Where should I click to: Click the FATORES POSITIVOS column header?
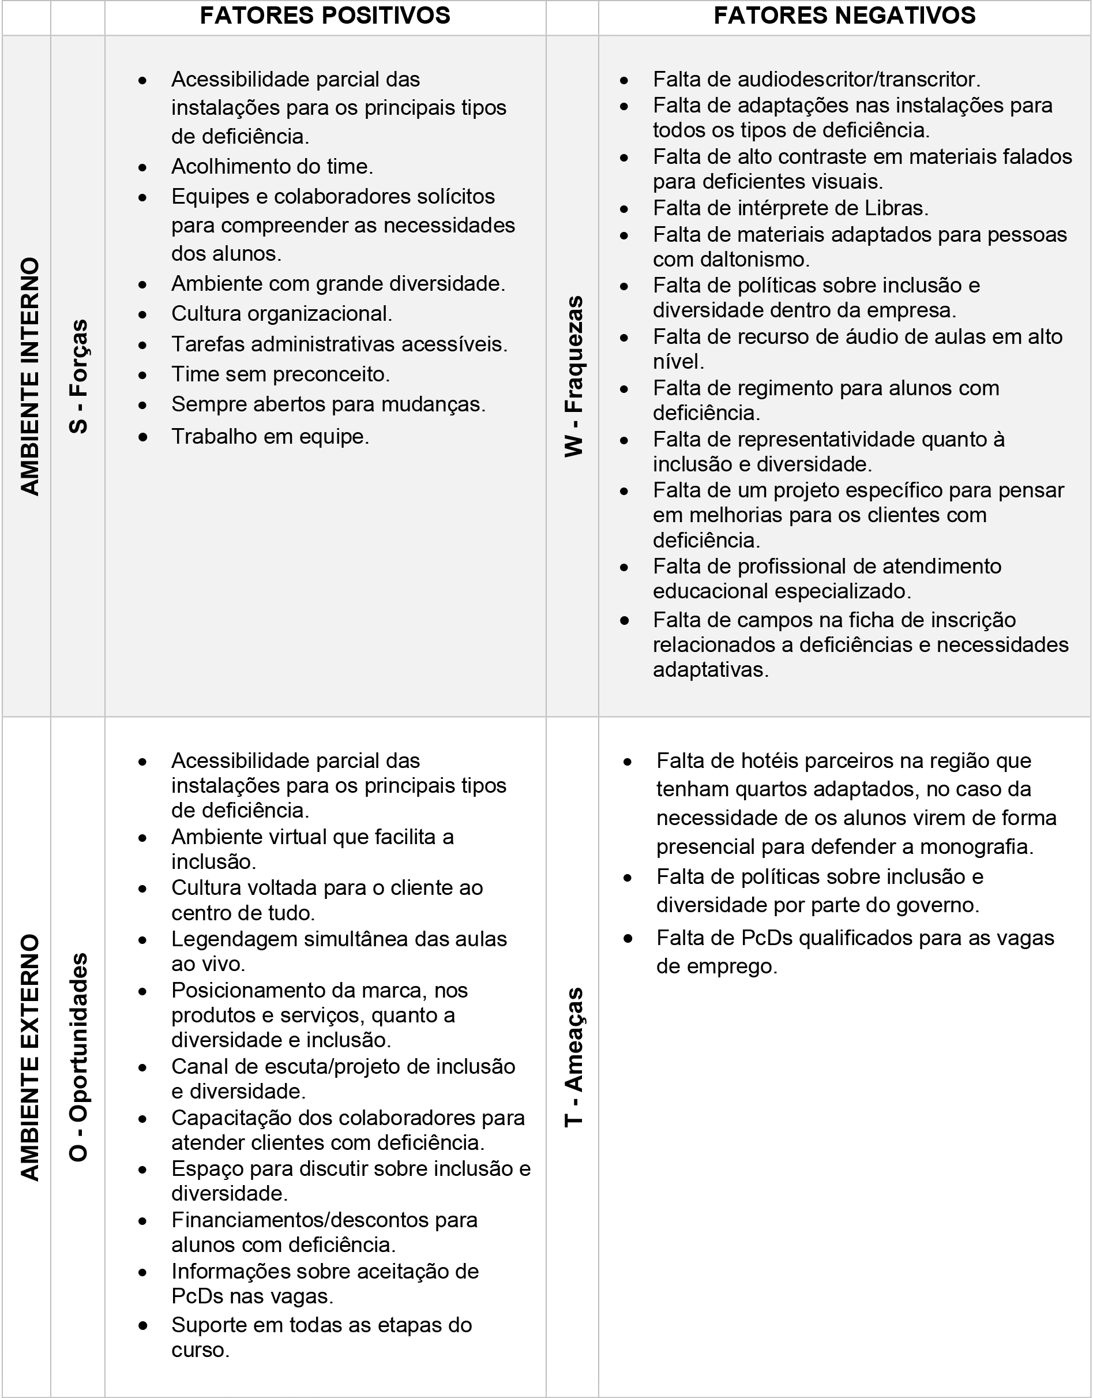(325, 16)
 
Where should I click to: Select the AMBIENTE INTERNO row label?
(29, 376)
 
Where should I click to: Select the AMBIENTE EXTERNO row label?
(29, 1057)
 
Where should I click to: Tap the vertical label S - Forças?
(78, 376)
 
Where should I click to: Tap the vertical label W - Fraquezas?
(573, 376)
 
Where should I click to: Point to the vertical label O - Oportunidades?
(78, 1057)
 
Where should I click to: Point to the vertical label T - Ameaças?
(573, 1057)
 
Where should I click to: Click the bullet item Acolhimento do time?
(272, 166)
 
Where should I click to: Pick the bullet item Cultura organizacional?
(281, 314)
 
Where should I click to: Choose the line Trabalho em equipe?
(270, 437)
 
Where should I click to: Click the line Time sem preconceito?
(280, 374)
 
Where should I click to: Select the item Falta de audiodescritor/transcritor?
(817, 80)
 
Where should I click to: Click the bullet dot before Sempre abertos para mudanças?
(142, 405)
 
